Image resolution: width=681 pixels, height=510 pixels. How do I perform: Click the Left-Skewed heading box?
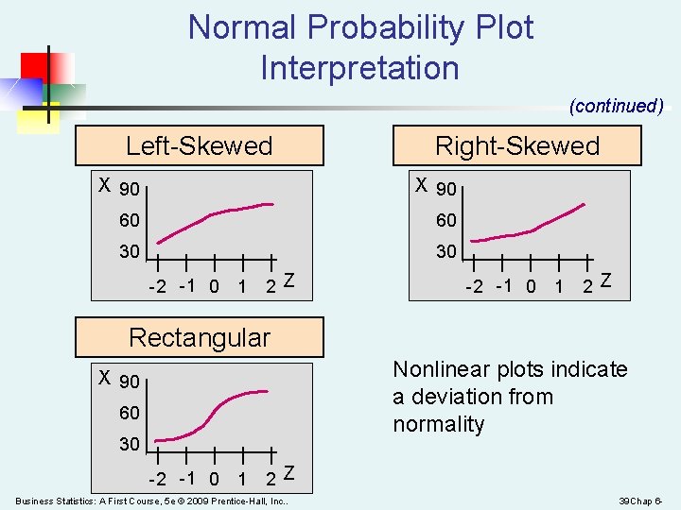point(199,145)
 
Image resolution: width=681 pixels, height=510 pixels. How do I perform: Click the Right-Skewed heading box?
point(516,145)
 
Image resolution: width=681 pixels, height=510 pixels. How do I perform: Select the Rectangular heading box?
point(199,337)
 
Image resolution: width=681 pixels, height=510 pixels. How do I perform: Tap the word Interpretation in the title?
point(359,68)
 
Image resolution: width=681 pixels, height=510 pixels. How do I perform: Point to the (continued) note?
point(616,106)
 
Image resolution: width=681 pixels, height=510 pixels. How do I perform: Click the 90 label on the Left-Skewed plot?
point(130,190)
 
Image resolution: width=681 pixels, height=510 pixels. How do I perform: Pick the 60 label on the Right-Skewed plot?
point(445,220)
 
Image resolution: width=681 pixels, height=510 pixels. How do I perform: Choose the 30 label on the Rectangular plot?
point(130,444)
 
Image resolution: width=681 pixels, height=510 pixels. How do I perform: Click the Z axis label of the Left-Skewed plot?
point(289,280)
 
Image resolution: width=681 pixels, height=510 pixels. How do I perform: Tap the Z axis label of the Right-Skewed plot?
point(605,280)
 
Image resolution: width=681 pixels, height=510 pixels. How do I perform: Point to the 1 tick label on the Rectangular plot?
point(243,479)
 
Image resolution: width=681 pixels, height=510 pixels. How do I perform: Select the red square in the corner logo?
point(37,64)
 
